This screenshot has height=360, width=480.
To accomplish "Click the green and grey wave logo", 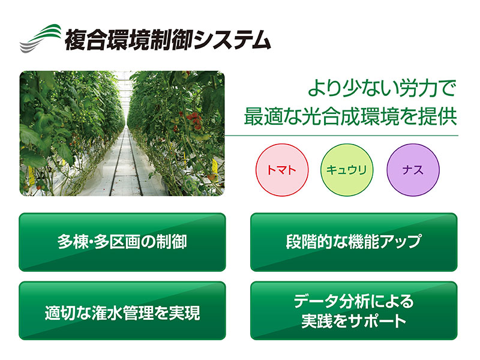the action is coord(40,38).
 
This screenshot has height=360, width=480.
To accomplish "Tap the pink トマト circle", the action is coord(282,170).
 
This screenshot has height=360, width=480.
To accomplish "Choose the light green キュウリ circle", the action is coord(347,170).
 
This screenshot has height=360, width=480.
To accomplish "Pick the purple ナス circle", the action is coord(413,170).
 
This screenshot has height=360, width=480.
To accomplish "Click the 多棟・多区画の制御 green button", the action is coord(122,242).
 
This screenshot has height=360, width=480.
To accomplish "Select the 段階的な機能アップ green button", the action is coord(354,242).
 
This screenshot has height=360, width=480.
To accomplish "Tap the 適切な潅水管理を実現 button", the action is coord(122,311).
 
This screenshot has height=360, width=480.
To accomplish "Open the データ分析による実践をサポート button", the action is coord(354,311).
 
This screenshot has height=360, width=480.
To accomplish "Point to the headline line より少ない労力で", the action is coord(382,88).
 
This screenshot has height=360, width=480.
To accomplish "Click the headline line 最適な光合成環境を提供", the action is coord(350,116).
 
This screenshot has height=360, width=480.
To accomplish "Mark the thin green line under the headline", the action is coord(341,136).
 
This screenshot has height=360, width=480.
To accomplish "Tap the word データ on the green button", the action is coord(316,301).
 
